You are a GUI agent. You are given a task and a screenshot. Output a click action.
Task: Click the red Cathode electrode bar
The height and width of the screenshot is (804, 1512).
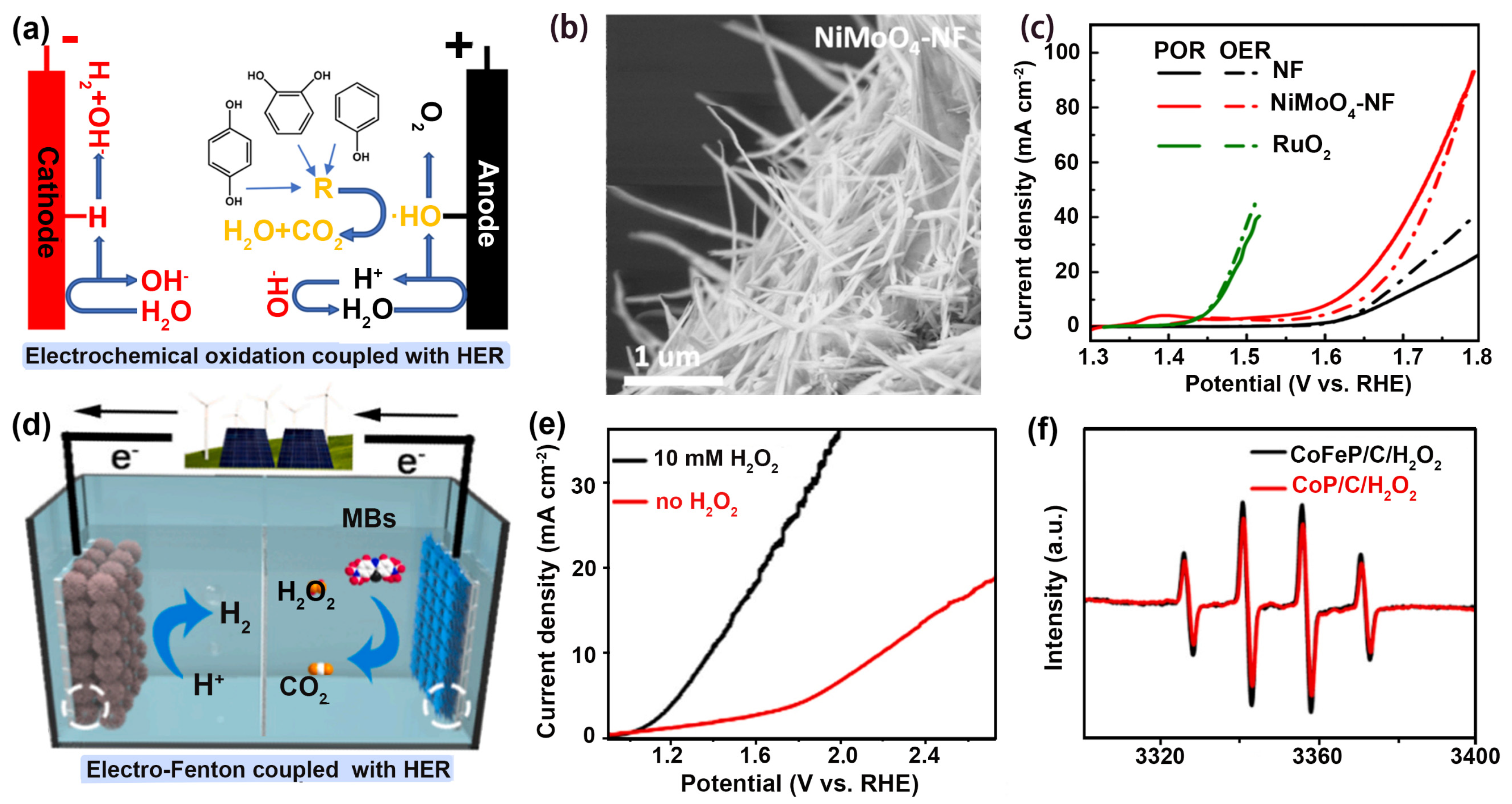tap(46, 200)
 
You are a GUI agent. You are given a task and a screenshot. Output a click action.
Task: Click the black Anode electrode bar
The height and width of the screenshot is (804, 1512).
tap(487, 200)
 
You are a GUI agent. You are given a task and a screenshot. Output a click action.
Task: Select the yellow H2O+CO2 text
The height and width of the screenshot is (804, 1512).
tap(283, 232)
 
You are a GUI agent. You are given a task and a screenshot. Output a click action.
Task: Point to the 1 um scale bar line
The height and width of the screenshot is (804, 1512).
tap(673, 381)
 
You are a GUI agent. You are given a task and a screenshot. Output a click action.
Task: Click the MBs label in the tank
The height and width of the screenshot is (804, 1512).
tap(368, 518)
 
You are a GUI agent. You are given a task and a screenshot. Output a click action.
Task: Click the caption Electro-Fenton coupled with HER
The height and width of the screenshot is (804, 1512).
tap(268, 769)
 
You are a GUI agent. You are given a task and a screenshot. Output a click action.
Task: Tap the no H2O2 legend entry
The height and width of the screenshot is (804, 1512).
tap(696, 502)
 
